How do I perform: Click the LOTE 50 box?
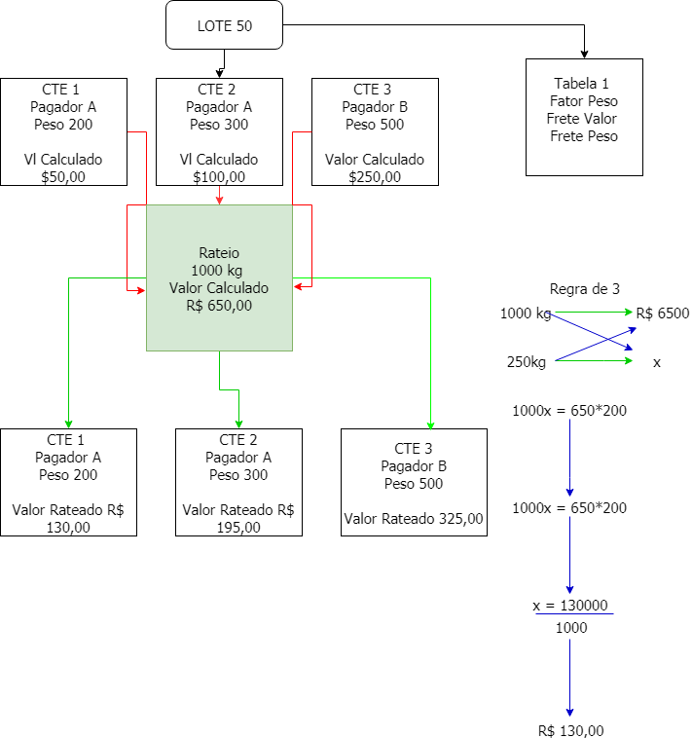pos(224,25)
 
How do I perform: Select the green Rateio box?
pos(219,277)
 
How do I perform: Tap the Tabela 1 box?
pos(584,117)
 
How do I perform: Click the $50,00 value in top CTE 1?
pos(63,177)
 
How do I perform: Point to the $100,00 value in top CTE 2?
pos(219,177)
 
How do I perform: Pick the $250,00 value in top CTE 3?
pos(375,177)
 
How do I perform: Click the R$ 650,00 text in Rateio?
pos(219,306)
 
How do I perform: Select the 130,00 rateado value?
pos(68,528)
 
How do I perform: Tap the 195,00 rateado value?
pos(238,528)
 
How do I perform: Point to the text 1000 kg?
pos(219,271)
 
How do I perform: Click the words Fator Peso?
pos(584,101)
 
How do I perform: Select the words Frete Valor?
pos(584,119)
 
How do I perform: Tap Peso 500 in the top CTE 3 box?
pos(375,125)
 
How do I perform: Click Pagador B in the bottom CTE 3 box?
pos(414,466)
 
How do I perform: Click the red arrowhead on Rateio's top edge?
pos(219,200)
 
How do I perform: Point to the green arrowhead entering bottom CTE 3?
pos(430,424)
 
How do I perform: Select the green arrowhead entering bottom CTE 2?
pos(238,424)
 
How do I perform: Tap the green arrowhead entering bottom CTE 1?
pos(68,424)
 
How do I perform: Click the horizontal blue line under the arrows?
pos(574,614)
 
